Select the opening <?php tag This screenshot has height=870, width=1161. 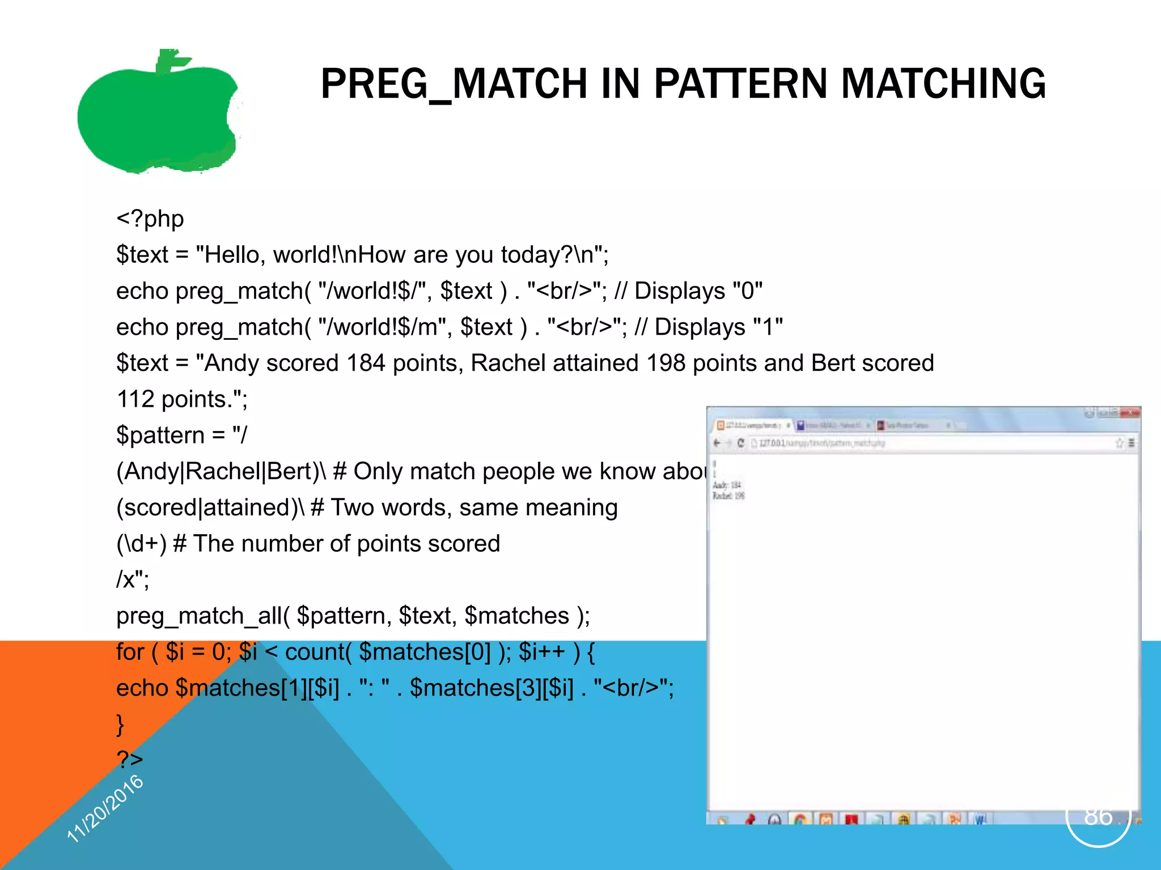(150, 219)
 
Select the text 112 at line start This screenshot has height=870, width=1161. (135, 399)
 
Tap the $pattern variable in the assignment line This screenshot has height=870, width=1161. (160, 436)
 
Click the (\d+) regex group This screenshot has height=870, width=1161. (141, 544)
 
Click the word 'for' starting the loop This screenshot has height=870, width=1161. (130, 652)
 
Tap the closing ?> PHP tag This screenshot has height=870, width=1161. (129, 760)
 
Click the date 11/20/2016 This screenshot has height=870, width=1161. (105, 809)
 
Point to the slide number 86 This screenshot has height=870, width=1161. (1098, 816)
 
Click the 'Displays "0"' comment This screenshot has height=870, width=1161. (698, 291)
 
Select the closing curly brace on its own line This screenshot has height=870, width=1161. (120, 724)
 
